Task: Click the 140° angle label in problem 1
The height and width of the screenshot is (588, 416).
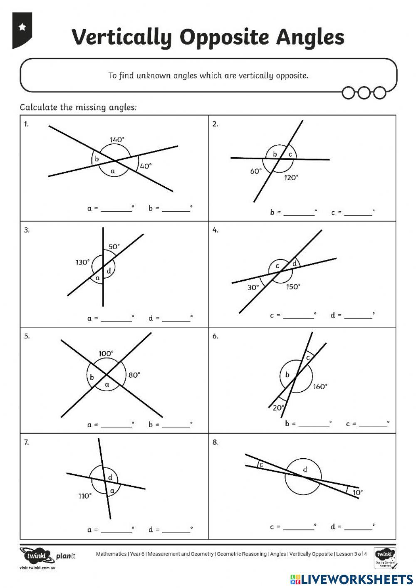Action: point(117,140)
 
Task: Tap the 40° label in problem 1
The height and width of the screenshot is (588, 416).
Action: point(146,166)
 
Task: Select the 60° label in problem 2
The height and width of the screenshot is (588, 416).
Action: point(256,171)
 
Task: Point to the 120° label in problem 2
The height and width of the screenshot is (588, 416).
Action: point(291,178)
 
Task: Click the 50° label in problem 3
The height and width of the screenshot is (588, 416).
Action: point(114,247)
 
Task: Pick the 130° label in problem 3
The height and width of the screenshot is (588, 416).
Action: point(82,262)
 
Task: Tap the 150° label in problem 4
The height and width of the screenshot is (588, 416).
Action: point(293,287)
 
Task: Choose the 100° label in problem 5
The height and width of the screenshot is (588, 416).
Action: point(106,353)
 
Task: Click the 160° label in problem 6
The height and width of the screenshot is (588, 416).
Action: point(320,387)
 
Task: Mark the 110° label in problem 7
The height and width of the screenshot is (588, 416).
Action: point(85,496)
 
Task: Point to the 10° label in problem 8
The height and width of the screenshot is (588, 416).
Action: point(357,492)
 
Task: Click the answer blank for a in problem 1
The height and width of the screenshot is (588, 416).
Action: point(116,209)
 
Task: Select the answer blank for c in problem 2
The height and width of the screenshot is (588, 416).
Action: point(358,213)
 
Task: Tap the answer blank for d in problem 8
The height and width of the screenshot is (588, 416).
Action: point(358,527)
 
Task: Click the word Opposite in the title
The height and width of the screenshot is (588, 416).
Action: point(225,37)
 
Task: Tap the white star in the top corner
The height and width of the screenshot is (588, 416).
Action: point(22,27)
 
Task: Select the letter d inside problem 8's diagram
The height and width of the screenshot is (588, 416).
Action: point(305,470)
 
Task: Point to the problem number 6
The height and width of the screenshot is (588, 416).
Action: point(215,336)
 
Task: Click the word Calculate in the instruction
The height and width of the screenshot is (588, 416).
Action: point(39,107)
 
